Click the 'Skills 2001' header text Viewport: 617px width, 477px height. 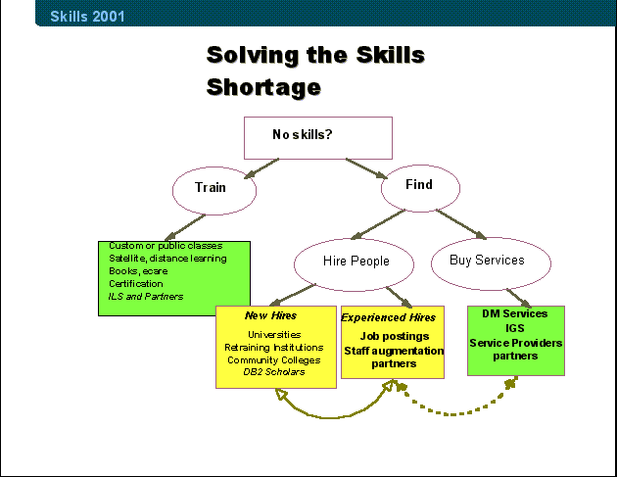pos(87,16)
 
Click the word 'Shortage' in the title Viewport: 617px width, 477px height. pos(263,87)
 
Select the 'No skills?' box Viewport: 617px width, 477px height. pos(318,138)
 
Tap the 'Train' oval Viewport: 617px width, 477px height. pos(214,191)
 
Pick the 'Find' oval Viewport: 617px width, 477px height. pos(420,188)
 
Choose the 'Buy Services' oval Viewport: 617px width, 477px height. pos(491,263)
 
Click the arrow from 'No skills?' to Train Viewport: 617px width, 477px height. pos(261,168)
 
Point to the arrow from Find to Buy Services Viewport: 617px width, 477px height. pos(461,224)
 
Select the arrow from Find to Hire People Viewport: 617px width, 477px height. pos(378,224)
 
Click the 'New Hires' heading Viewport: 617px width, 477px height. pos(270,315)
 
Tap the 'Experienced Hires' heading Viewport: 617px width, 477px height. pos(389,317)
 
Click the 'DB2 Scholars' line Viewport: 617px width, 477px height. pos(274,372)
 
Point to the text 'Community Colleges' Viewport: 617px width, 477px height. pos(274,360)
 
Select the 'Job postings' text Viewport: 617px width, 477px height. pos(395,336)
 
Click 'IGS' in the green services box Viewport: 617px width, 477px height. pos(515,328)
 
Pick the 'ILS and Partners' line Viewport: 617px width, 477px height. pos(146,297)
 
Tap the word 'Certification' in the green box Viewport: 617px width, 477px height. pos(136,284)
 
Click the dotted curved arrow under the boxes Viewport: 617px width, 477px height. pos(452,413)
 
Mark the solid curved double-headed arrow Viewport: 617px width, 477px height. pos(331,417)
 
